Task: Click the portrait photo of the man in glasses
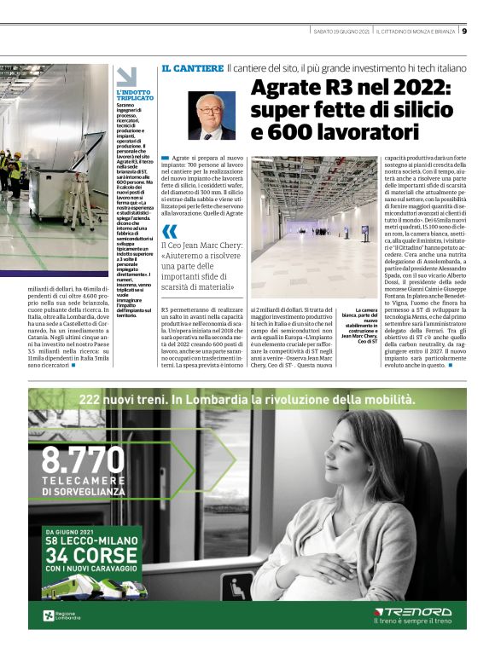coord(212,116)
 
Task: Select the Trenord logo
coord(414,611)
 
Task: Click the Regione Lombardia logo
coord(61,615)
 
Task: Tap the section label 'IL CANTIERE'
coord(192,67)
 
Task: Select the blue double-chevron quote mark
coord(170,230)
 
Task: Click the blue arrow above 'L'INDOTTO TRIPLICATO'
coord(121,77)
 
